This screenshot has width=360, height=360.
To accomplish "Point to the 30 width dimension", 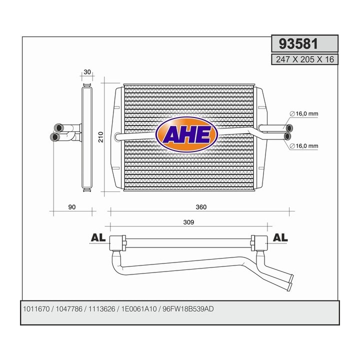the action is pyautogui.click(x=87, y=72).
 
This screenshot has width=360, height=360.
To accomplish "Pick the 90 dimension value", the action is pyautogui.click(x=71, y=207).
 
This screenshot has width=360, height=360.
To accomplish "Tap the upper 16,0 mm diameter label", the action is pyautogui.click(x=307, y=114).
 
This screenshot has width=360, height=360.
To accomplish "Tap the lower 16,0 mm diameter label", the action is pyautogui.click(x=307, y=146).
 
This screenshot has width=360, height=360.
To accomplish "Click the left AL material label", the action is pyautogui.click(x=98, y=237).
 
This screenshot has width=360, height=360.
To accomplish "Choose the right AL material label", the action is pyautogui.click(x=281, y=237).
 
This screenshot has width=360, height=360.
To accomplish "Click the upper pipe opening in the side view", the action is pyautogui.click(x=57, y=127).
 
